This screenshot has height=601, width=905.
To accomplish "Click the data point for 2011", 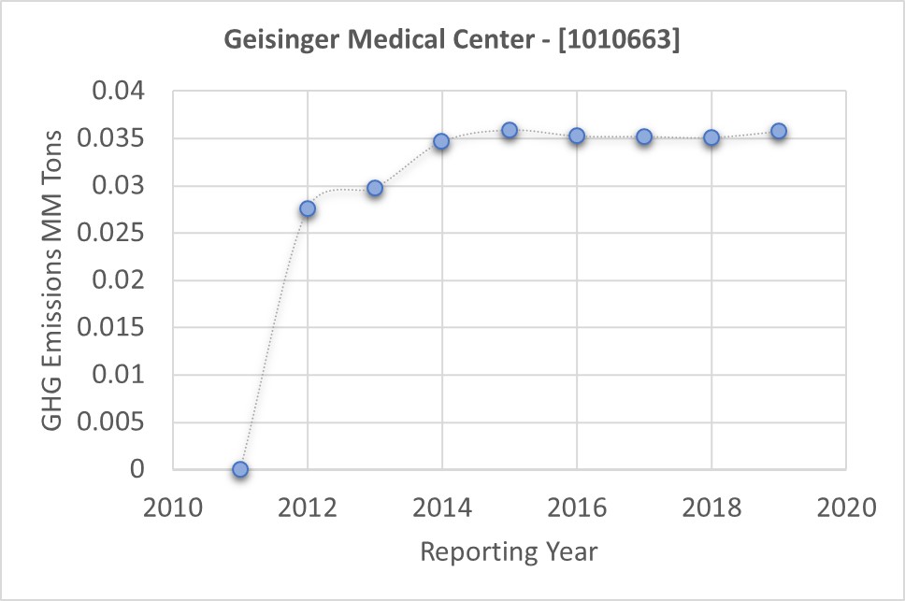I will [240, 469].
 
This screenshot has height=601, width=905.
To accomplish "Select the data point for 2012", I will [308, 208].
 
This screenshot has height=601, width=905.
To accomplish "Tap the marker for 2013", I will [375, 188].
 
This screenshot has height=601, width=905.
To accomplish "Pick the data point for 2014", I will [441, 141].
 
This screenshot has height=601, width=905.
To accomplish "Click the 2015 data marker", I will [510, 130].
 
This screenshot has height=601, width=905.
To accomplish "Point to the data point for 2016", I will [577, 136].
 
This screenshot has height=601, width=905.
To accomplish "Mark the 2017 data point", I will [644, 136].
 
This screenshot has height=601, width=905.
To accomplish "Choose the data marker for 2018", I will [711, 137].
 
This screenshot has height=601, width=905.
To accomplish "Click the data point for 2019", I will [779, 131].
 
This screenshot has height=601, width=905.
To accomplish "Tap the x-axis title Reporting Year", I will [509, 551].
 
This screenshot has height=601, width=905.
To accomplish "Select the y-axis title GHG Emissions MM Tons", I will [54, 280].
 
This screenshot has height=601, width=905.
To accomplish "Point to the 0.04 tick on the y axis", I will [124, 93].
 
